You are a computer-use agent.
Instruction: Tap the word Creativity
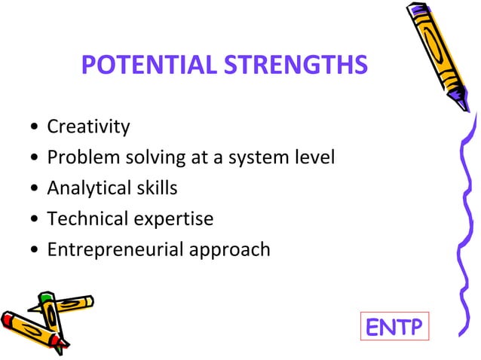click(88, 127)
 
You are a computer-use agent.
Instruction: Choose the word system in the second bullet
click(266, 158)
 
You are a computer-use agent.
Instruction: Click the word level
click(316, 157)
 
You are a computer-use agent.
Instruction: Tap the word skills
click(154, 188)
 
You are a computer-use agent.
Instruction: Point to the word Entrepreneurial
click(112, 249)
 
